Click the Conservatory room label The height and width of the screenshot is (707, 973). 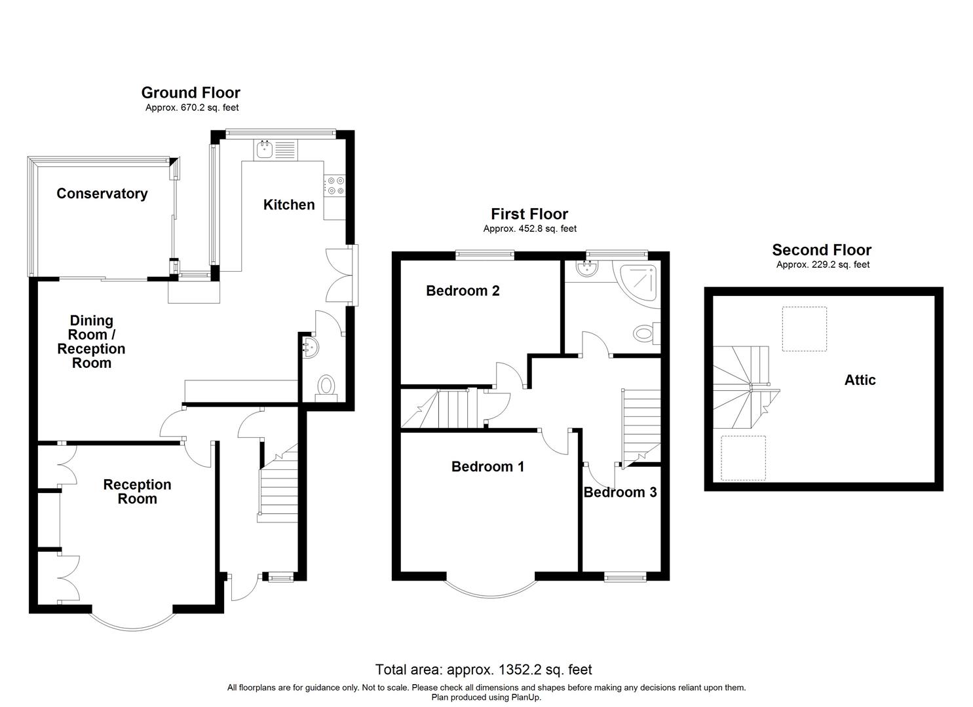(102, 193)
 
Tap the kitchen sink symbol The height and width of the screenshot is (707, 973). (265, 150)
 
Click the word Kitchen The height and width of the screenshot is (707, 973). (289, 205)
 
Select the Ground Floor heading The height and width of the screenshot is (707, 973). (191, 93)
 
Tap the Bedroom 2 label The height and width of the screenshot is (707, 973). (463, 291)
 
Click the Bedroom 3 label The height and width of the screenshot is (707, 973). (620, 492)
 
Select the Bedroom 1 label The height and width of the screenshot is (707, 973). (487, 467)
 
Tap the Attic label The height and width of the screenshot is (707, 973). (860, 380)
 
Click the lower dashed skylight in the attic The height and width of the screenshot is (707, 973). (743, 458)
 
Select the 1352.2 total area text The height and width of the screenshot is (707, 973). (484, 670)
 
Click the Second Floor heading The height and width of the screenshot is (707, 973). (822, 250)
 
